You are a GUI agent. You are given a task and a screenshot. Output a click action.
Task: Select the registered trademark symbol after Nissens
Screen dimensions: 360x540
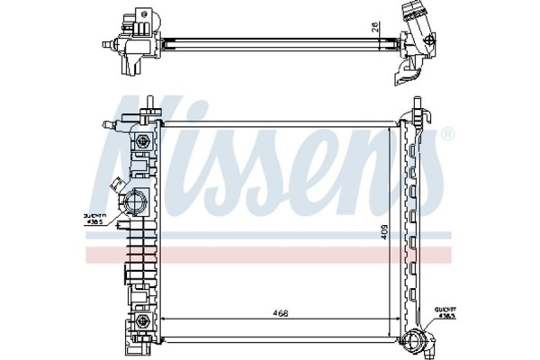(x=447, y=134)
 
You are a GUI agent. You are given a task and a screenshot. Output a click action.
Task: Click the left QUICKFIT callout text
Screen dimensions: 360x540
(x=94, y=219)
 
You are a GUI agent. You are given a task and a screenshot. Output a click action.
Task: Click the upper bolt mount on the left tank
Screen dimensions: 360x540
(x=140, y=142)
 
